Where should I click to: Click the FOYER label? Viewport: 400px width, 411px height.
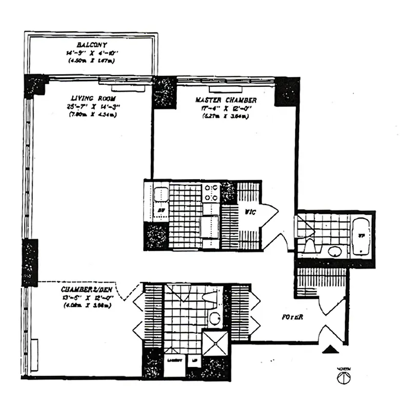[292, 317]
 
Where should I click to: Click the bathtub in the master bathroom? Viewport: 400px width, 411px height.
[361, 237]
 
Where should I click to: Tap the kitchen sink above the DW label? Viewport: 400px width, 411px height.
[161, 196]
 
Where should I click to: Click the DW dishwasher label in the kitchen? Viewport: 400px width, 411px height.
[160, 211]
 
